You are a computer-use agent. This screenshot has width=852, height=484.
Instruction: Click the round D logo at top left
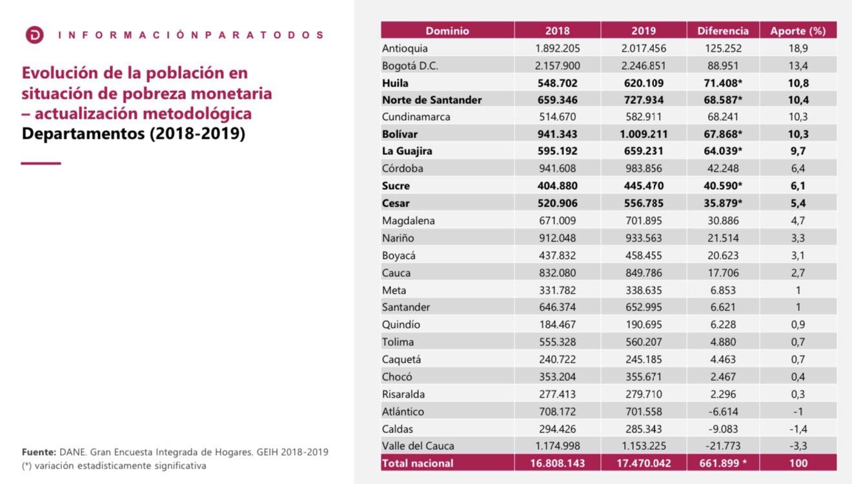[34, 35]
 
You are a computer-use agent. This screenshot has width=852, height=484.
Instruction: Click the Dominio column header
[447, 30]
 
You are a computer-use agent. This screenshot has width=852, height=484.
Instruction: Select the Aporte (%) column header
[798, 30]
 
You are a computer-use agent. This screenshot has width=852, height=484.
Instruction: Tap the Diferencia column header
[723, 30]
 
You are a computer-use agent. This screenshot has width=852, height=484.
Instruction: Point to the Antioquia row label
[405, 48]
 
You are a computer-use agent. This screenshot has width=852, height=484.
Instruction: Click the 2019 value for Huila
[644, 83]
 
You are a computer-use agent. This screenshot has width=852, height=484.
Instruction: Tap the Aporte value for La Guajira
[798, 151]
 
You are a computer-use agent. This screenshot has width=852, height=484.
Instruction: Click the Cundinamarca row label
[416, 117]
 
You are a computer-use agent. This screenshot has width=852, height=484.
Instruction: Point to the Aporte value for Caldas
[798, 429]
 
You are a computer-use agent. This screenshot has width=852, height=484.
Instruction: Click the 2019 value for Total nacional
[644, 463]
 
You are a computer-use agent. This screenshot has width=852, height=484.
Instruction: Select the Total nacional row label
[418, 463]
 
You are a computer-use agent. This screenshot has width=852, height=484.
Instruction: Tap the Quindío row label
[401, 325]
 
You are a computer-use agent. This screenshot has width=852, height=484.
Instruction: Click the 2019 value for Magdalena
[644, 221]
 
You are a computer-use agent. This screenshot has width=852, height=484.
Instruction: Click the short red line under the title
[41, 163]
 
